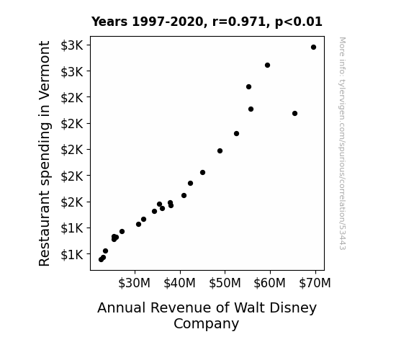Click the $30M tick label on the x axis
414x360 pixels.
point(134,283)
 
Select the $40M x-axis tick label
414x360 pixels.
point(179,283)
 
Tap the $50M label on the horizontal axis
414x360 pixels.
point(225,283)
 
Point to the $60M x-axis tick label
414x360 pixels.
point(269,283)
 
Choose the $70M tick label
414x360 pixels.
point(315,283)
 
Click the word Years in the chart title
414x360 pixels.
point(109,22)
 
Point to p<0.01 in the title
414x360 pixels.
point(299,22)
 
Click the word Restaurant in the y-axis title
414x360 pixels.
point(45,229)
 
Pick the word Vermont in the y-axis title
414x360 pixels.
point(45,71)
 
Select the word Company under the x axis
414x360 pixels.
point(206,324)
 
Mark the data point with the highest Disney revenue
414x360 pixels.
point(313,48)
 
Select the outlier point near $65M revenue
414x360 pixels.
point(294,113)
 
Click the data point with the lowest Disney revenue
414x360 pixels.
point(101,260)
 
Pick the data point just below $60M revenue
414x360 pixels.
point(267,66)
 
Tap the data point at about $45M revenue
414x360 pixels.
point(202,173)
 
